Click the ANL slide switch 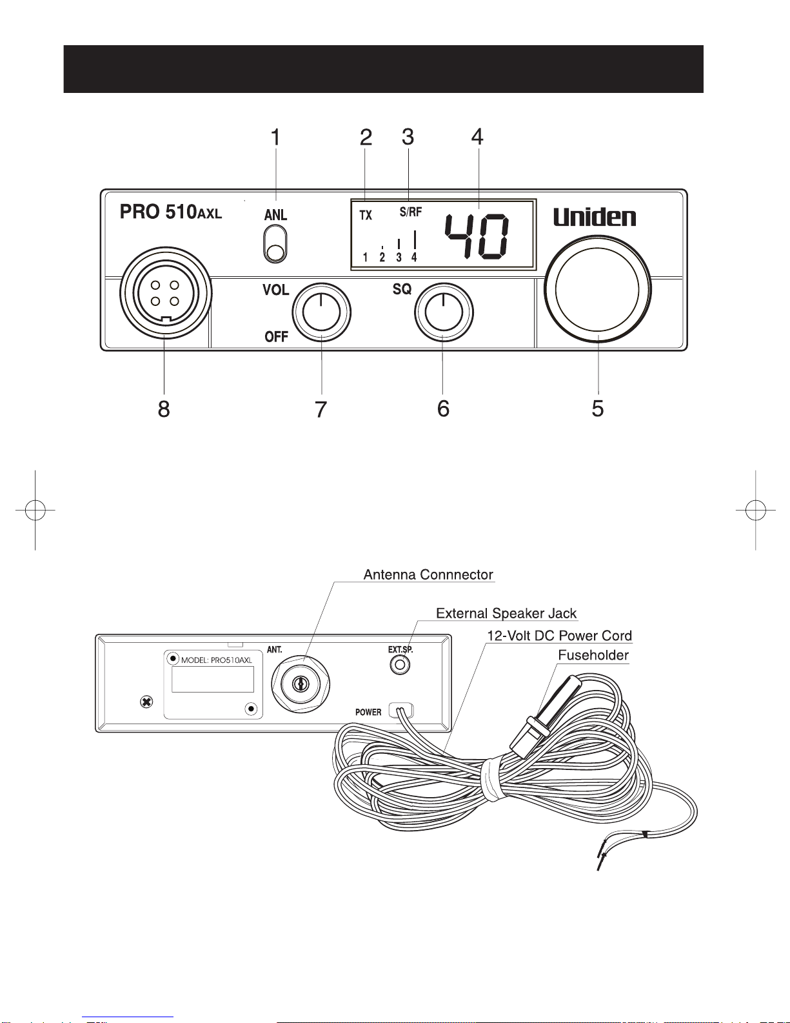(275, 244)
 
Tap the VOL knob (322, 312)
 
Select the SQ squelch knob (444, 312)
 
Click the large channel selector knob (597, 289)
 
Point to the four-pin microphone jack (166, 293)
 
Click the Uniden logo (595, 217)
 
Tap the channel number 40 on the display (477, 236)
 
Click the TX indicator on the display (366, 215)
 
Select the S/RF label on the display (411, 212)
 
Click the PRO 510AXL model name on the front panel (171, 212)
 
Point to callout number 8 (164, 409)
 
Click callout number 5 (598, 408)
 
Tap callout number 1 (275, 137)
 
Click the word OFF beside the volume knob (276, 337)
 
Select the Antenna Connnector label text (428, 574)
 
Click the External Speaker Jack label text (506, 613)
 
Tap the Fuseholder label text (593, 655)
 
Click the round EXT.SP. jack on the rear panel (400, 665)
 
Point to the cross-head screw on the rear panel (147, 702)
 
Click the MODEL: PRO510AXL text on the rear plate (217, 660)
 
